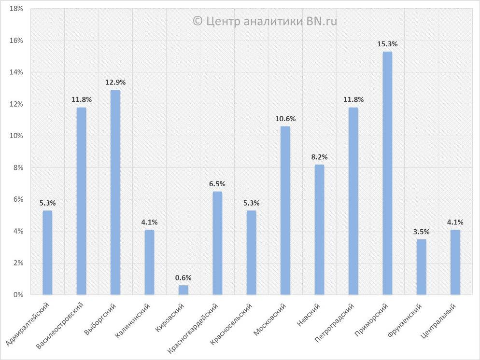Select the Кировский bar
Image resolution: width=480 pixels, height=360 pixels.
pyautogui.click(x=184, y=290)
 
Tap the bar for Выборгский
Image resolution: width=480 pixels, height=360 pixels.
pyautogui.click(x=115, y=192)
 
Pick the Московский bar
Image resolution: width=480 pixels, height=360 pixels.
pyautogui.click(x=285, y=210)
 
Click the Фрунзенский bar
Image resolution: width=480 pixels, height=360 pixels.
pyautogui.click(x=422, y=266)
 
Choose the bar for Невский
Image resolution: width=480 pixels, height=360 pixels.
pyautogui.click(x=319, y=229)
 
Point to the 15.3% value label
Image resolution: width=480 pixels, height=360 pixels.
pyautogui.click(x=387, y=44)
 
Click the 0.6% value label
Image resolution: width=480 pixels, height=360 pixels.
pyautogui.click(x=184, y=277)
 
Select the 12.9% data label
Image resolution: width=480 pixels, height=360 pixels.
pyautogui.click(x=115, y=82)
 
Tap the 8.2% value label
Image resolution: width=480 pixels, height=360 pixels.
pyautogui.click(x=319, y=157)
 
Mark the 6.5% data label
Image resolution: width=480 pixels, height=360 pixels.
pyautogui.click(x=217, y=184)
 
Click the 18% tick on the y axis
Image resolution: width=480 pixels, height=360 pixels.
pyautogui.click(x=16, y=9)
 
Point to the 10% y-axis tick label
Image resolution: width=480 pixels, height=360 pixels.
pyautogui.click(x=16, y=136)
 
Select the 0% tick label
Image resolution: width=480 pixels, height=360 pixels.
pyautogui.click(x=18, y=294)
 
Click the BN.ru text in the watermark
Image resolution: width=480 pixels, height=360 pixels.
pyautogui.click(x=322, y=21)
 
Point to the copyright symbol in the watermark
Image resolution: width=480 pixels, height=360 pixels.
pyautogui.click(x=197, y=21)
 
